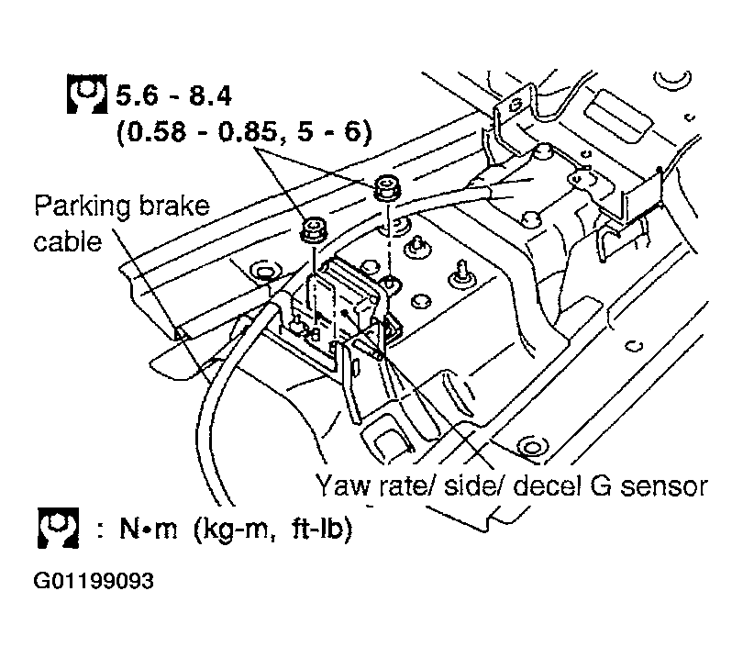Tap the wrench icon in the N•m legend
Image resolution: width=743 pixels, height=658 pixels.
57,531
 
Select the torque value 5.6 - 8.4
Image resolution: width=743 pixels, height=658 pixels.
174,95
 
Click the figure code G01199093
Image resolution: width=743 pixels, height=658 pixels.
95,582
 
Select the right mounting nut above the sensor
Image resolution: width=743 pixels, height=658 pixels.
386,190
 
